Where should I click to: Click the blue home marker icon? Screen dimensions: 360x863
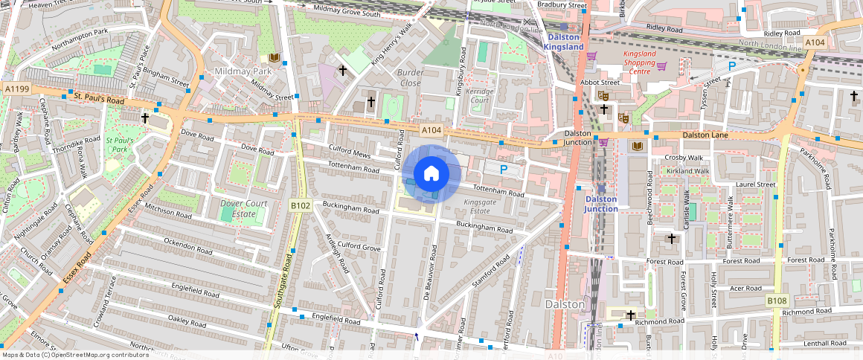[431, 174]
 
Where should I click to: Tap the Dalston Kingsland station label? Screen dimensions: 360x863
[563, 42]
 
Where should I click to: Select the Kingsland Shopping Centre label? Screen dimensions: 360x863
[629, 67]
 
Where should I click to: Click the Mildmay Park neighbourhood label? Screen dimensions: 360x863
[243, 71]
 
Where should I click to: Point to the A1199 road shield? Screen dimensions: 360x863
[16, 89]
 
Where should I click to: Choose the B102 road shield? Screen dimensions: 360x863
[300, 205]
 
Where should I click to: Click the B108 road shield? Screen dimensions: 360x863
[777, 300]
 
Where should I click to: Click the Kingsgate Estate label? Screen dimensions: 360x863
[476, 206]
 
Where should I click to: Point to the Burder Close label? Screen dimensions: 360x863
[410, 77]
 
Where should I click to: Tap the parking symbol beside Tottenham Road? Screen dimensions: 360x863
[504, 170]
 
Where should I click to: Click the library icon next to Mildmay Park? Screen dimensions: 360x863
[274, 57]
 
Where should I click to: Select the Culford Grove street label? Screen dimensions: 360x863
[359, 246]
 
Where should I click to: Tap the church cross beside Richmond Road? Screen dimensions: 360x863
[631, 315]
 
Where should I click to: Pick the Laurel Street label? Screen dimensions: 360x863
[755, 184]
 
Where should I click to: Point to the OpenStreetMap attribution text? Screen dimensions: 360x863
[75, 355]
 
